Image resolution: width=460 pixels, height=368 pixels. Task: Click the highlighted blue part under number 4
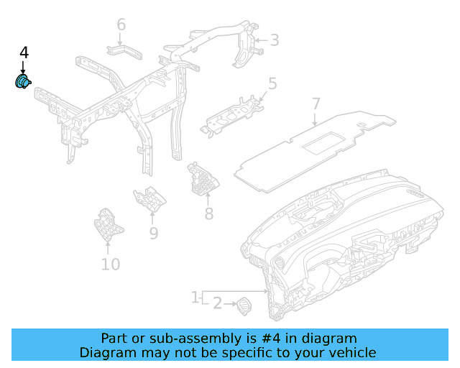pyautogui.click(x=22, y=82)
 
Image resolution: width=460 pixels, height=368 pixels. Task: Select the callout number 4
pyautogui.click(x=24, y=52)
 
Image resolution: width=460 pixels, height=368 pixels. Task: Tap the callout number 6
pyautogui.click(x=121, y=25)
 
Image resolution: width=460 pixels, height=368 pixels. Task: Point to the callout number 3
pyautogui.click(x=274, y=40)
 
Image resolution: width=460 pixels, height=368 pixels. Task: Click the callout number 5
pyautogui.click(x=272, y=84)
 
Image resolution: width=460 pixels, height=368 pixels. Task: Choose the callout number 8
pyautogui.click(x=208, y=213)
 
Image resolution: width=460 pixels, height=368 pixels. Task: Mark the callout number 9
pyautogui.click(x=153, y=233)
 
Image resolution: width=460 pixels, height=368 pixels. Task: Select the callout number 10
pyautogui.click(x=110, y=264)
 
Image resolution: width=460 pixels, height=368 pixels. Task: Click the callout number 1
pyautogui.click(x=195, y=297)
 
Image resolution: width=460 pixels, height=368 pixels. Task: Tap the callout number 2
pyautogui.click(x=217, y=304)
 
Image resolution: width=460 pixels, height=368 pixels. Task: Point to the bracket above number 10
pyautogui.click(x=108, y=226)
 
